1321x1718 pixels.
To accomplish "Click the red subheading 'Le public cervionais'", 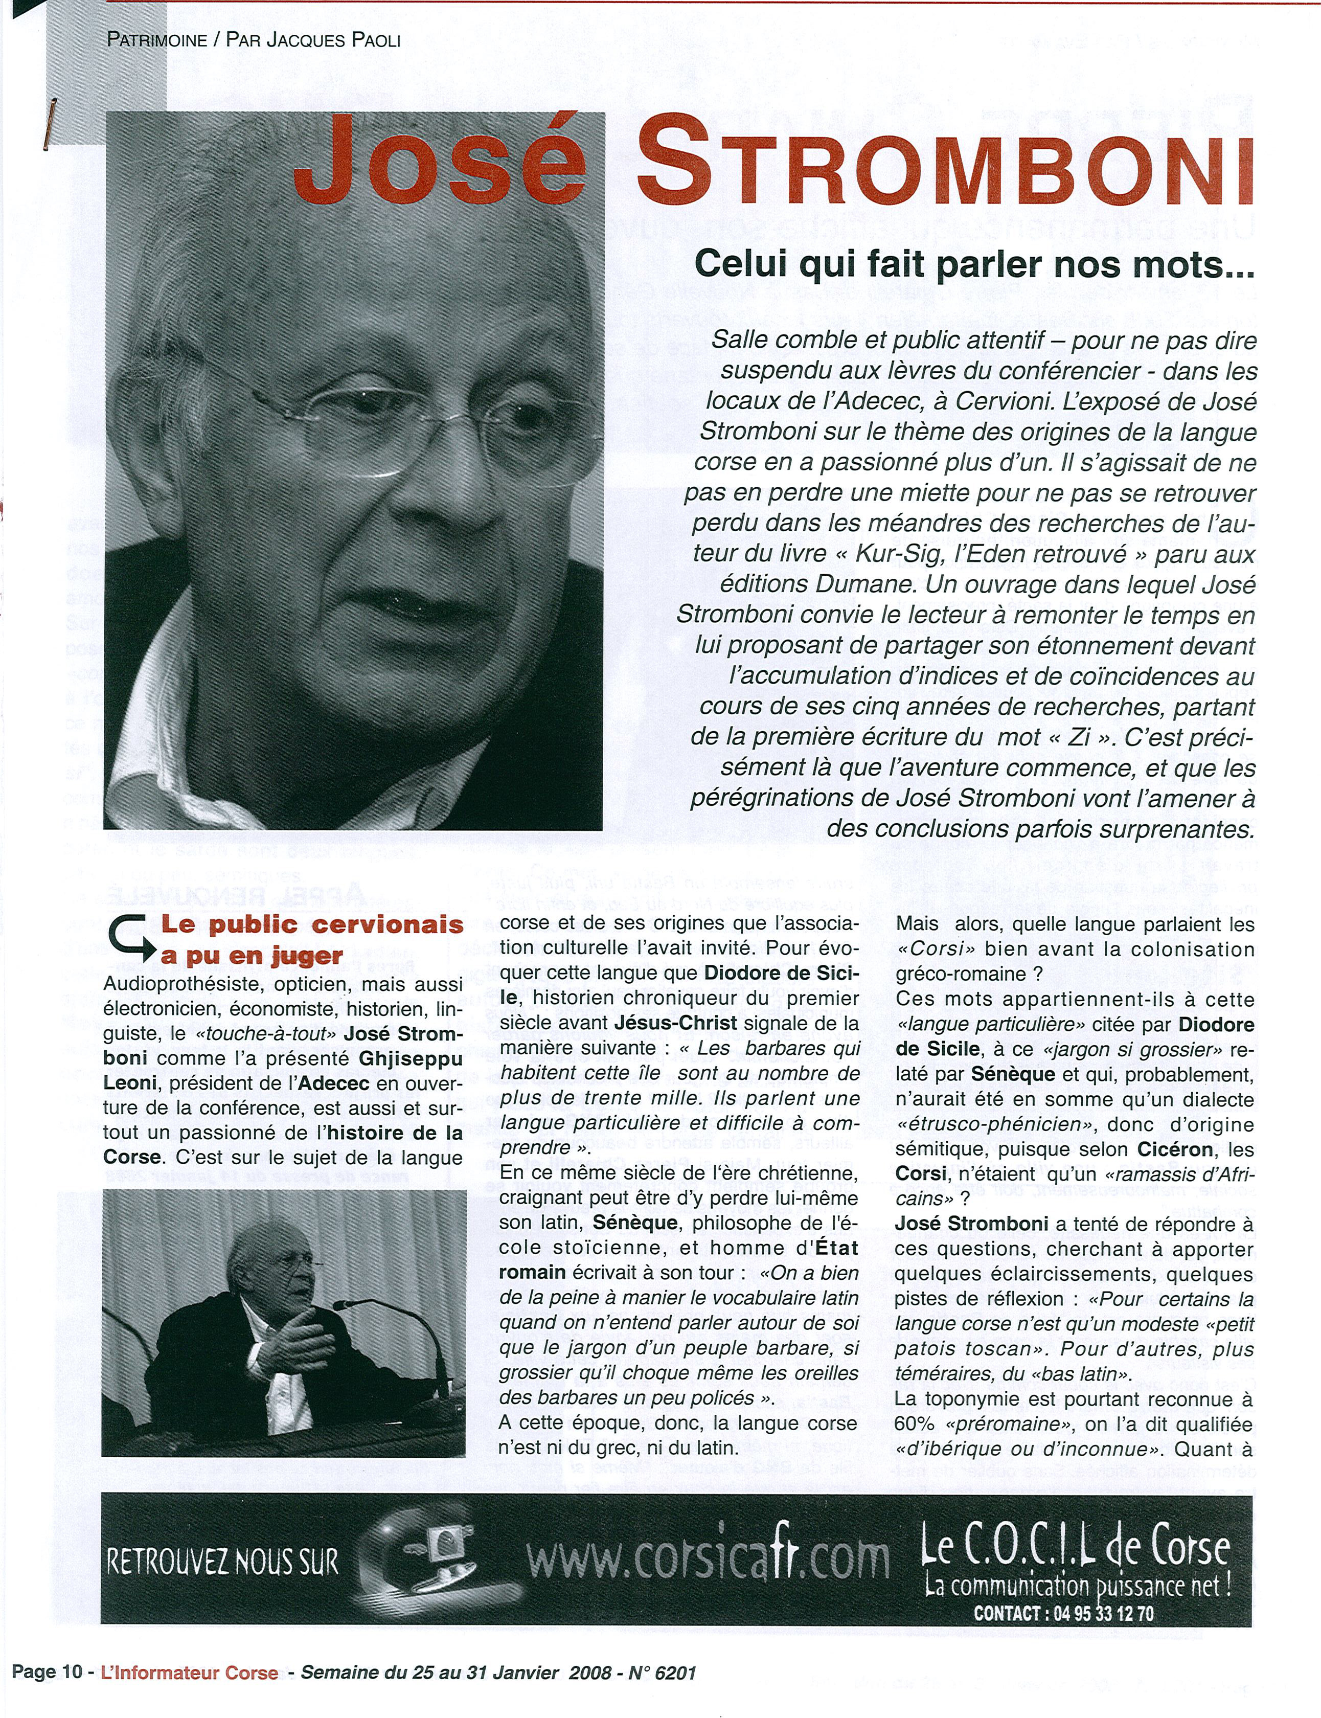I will pos(312,924).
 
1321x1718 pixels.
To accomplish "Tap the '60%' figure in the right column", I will pos(912,1424).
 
